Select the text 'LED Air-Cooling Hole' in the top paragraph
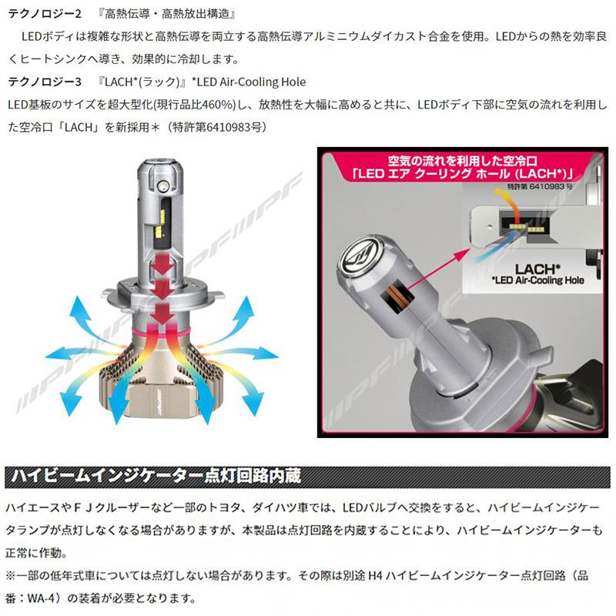pos(253,82)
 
